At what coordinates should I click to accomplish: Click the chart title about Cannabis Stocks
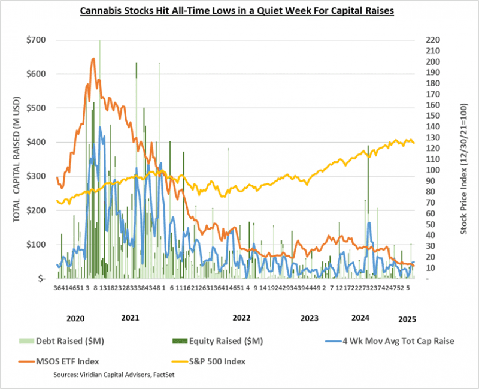pyautogui.click(x=237, y=11)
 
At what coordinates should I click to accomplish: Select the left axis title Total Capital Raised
pyautogui.click(x=17, y=159)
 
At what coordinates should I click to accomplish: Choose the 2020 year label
pyautogui.click(x=75, y=318)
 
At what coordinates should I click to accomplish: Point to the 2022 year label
pyautogui.click(x=241, y=318)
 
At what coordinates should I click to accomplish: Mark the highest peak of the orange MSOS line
pyautogui.click(x=93, y=59)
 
